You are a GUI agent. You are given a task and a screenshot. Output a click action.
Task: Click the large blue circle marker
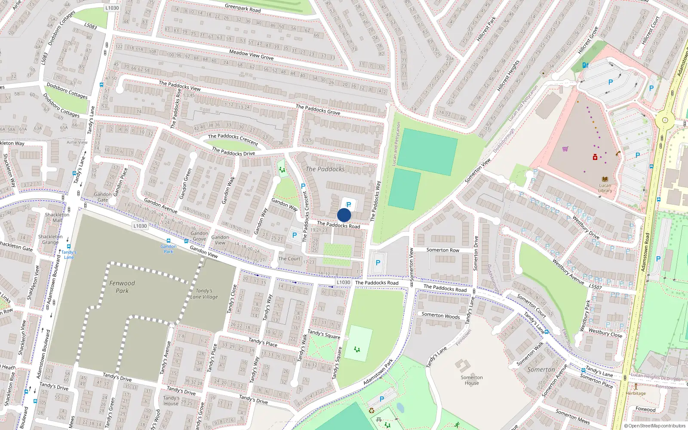click(344, 215)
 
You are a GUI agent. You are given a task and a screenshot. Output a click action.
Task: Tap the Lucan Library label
click(605, 188)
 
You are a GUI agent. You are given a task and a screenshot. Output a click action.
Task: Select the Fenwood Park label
click(122, 287)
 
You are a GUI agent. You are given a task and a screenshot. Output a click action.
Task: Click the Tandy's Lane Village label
click(204, 294)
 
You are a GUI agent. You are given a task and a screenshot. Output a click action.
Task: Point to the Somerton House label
click(472, 380)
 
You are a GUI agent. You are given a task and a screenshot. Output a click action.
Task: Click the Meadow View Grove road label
click(251, 55)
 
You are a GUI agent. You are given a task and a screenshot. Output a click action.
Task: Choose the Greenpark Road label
click(243, 8)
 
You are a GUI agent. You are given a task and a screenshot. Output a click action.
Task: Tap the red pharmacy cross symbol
click(595, 157)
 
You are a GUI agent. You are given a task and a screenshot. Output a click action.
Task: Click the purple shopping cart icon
click(565, 149)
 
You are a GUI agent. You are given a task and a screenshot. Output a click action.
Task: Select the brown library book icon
click(605, 179)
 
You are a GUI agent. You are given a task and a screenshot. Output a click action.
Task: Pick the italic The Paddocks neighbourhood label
click(325, 169)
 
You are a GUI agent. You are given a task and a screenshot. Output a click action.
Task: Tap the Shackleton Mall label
click(57, 217)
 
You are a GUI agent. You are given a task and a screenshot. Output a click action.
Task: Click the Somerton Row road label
click(442, 250)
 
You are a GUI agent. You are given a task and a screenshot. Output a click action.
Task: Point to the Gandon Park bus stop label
click(169, 249)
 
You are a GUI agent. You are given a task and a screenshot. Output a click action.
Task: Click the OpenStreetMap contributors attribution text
click(654, 426)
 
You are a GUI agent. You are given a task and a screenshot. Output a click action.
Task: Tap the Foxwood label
click(645, 409)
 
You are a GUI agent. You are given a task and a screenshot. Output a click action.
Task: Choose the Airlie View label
click(77, 142)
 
